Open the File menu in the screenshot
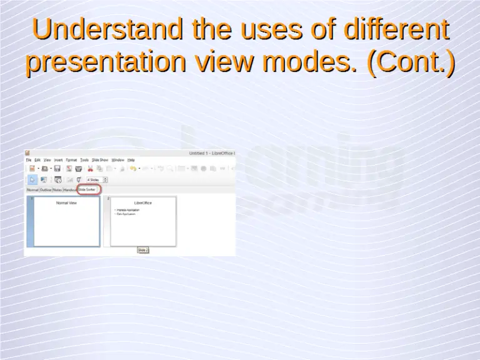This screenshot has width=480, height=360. [x=28, y=160]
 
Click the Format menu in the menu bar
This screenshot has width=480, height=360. [x=71, y=160]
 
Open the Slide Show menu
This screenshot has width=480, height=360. [x=100, y=160]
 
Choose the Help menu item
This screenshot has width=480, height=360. [x=131, y=160]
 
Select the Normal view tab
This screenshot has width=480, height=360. [x=32, y=189]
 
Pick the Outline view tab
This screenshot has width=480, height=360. [x=46, y=189]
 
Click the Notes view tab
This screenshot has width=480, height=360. [x=57, y=189]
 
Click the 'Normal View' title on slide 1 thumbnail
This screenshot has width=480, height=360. [x=66, y=203]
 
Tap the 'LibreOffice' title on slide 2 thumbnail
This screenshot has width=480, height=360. [x=143, y=203]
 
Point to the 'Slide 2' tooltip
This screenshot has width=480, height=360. [x=142, y=250]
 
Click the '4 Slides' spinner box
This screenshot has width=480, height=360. [x=96, y=179]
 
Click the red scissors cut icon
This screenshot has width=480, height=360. [x=90, y=169]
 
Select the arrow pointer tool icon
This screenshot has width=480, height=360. [x=32, y=179]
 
